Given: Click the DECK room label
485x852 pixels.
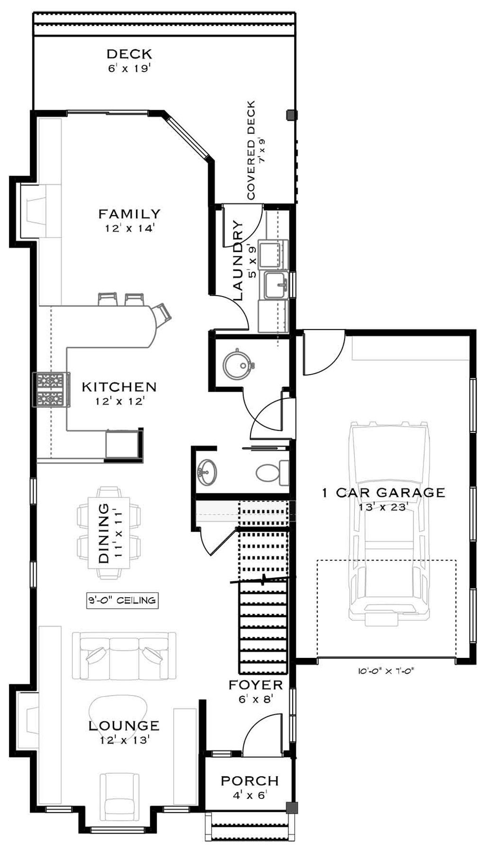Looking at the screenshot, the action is coord(129,54).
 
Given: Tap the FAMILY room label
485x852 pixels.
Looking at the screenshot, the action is coord(129,214).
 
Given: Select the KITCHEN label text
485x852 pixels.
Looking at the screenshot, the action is coord(119,387).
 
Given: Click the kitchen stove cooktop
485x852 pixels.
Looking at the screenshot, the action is coord(51,390).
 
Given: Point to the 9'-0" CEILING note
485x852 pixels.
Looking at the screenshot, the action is coord(122,601).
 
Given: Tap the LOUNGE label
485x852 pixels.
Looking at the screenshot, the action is coord(124,725).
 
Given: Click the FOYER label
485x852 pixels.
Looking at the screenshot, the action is coord(256,685).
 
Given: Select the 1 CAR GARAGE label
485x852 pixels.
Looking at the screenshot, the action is coord(384,493).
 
